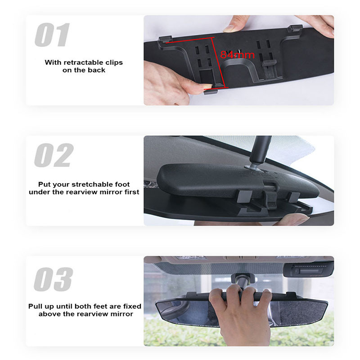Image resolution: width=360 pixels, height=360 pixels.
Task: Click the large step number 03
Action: tap(53, 279)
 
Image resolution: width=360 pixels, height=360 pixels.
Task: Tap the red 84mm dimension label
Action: tap(237, 55)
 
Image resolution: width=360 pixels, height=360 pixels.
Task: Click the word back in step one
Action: tap(98, 70)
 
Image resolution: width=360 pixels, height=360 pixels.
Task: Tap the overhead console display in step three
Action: tap(308, 271)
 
